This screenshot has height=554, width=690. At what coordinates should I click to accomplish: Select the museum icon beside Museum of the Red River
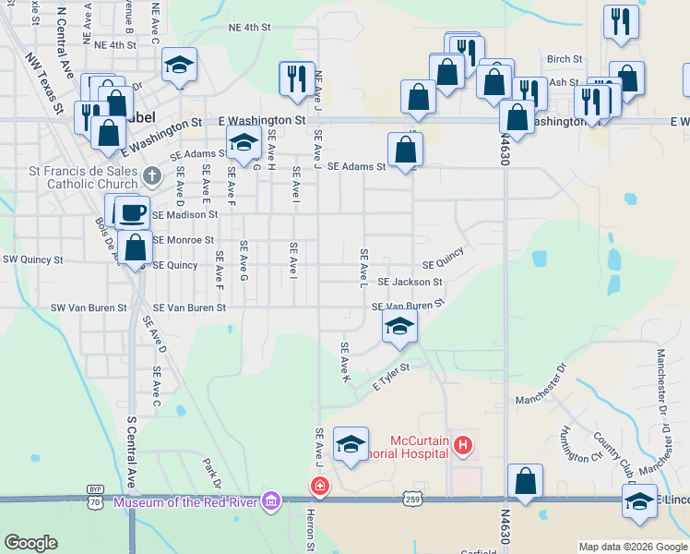tap(270, 501)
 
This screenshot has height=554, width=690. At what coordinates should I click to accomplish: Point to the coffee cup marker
tap(132, 212)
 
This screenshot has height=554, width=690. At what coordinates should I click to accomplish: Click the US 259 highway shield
tap(412, 499)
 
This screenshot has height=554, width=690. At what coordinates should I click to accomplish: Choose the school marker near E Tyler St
tap(399, 326)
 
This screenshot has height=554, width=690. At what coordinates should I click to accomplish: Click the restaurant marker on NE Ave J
tap(296, 78)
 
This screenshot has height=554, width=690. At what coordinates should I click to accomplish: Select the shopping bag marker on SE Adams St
tap(405, 149)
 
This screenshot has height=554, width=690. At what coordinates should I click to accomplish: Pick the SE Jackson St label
tap(410, 282)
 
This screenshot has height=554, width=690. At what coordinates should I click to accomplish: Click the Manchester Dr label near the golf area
tap(543, 400)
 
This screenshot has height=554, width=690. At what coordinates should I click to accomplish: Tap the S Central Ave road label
tap(132, 452)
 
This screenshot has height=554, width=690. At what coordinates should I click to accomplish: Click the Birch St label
tap(564, 58)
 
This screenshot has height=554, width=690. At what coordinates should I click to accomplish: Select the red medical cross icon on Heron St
tap(318, 486)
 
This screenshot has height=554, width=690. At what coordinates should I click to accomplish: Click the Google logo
tap(31, 543)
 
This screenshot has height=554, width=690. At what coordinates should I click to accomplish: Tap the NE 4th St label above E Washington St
tap(249, 28)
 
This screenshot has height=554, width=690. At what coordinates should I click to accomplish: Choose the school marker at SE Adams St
tap(243, 142)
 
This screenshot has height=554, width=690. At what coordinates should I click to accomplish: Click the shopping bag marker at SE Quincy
tap(136, 247)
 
